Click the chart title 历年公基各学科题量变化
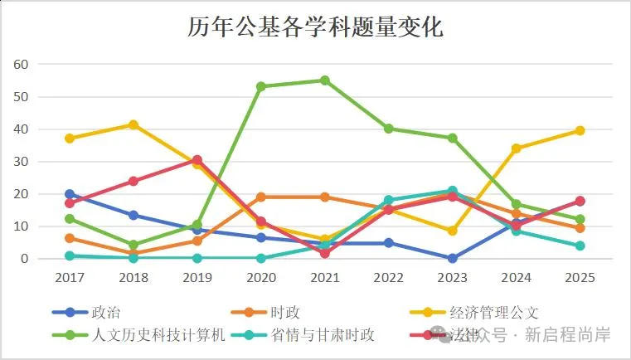[315, 27]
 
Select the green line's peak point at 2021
[325, 80]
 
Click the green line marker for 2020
[261, 86]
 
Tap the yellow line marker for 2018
[133, 124]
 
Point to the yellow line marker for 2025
[580, 130]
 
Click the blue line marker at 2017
[70, 194]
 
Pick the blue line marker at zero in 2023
[453, 258]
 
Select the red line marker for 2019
[197, 160]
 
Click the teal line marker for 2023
[453, 191]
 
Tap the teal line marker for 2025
[580, 246]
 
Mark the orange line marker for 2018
[133, 253]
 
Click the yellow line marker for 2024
[517, 148]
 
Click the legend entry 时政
[284, 313]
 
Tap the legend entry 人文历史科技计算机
[158, 335]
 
